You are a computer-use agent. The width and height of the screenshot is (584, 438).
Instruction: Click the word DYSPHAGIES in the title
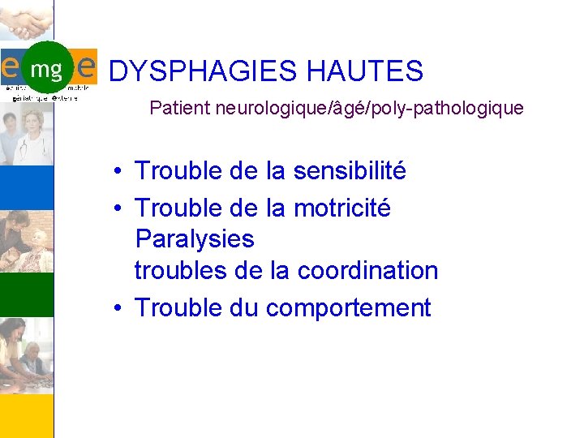203,71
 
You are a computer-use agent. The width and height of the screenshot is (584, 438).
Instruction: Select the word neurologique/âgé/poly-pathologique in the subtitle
370,108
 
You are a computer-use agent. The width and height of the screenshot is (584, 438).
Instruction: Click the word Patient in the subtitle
180,108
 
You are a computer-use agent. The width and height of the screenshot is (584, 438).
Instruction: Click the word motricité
341,208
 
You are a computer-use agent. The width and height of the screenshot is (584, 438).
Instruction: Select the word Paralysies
195,239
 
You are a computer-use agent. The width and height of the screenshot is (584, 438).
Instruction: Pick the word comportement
348,308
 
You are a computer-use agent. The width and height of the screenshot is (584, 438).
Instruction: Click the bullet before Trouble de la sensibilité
118,172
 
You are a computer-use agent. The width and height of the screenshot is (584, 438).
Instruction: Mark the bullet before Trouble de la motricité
118,209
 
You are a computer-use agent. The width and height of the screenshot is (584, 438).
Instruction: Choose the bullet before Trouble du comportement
118,309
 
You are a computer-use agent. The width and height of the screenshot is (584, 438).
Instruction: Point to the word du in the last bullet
243,308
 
